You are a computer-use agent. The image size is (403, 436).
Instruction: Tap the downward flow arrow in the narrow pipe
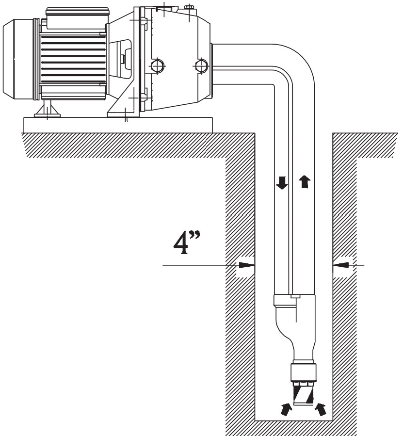pyautogui.click(x=282, y=183)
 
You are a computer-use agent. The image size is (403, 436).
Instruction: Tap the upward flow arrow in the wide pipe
pyautogui.click(x=305, y=182)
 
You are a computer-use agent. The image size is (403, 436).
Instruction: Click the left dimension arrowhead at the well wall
pyautogui.click(x=247, y=265)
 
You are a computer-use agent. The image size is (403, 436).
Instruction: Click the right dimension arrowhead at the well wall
pyautogui.click(x=341, y=265)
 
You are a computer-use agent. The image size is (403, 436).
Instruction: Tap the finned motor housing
pyautogui.click(x=73, y=59)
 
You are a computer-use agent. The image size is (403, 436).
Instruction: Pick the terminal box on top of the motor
pyautogui.click(x=77, y=17)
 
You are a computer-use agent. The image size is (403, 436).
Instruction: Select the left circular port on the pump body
pyautogui.click(x=158, y=66)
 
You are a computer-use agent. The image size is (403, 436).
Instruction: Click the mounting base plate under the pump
pyautogui.click(x=118, y=125)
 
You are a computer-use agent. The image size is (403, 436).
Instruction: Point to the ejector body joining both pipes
pyautogui.click(x=295, y=328)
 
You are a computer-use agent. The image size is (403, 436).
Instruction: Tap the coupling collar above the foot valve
pyautogui.click(x=304, y=372)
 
